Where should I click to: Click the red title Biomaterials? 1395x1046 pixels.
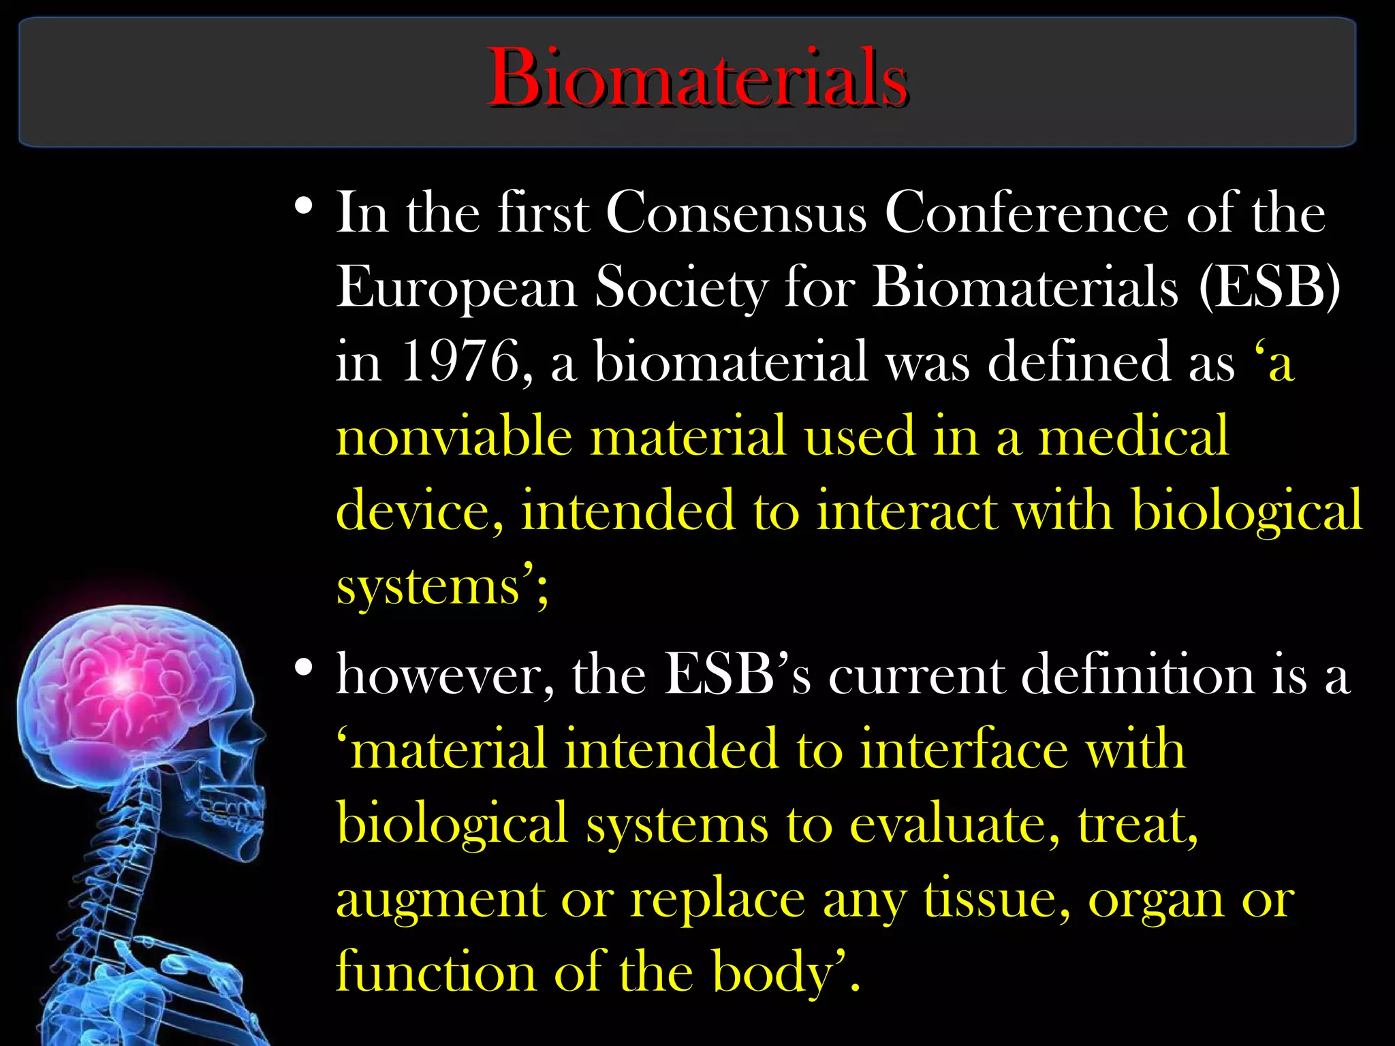pos(697,78)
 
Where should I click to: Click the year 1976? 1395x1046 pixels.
pos(460,362)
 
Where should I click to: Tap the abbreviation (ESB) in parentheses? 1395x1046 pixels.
pos(1269,287)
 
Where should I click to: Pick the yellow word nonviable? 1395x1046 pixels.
pos(454,436)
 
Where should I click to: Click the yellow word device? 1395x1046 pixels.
pos(420,511)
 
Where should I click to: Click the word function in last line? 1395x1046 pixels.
pos(436,972)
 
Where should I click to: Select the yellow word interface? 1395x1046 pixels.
pos(964,749)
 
